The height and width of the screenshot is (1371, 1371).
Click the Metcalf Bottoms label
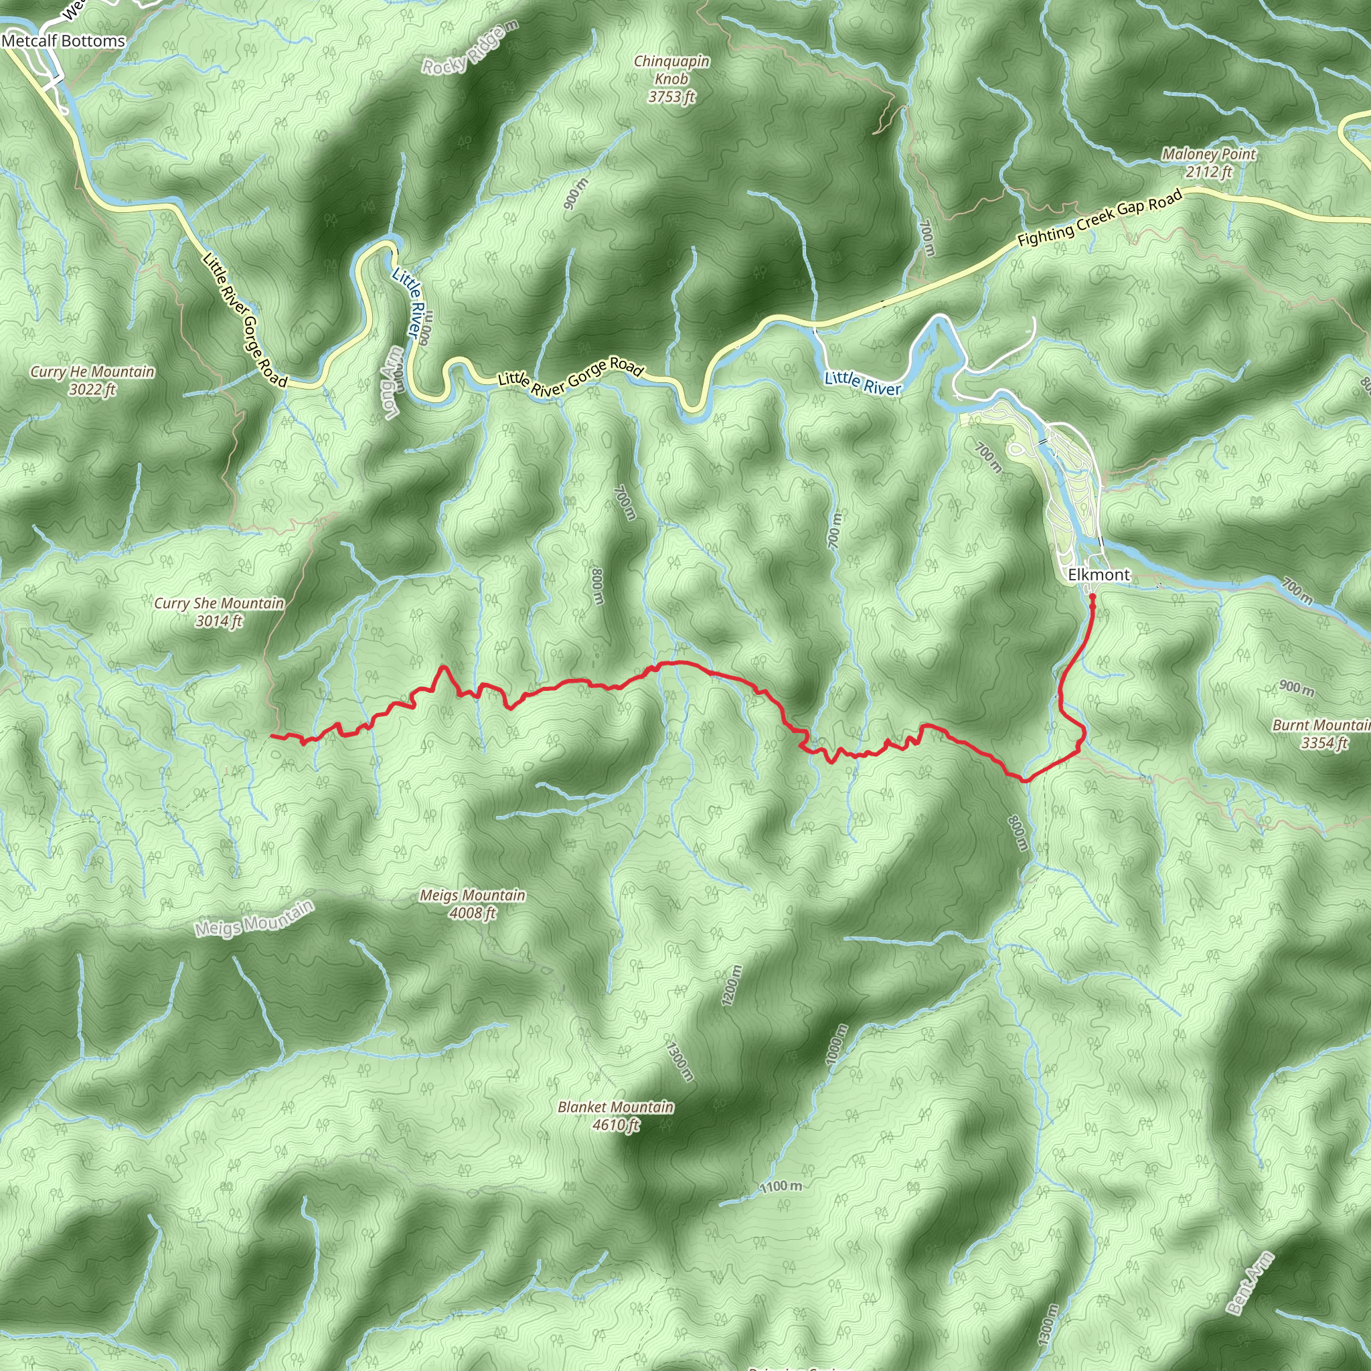tap(63, 41)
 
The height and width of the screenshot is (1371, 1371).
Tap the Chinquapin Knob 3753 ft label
tap(671, 79)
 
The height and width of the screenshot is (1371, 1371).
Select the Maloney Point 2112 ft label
tap(1208, 163)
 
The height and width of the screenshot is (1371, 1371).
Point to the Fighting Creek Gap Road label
tap(1100, 218)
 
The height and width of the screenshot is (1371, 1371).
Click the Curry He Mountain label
tap(92, 380)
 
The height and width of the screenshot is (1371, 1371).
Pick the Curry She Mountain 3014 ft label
tap(220, 612)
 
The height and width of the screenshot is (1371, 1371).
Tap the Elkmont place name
tap(1099, 575)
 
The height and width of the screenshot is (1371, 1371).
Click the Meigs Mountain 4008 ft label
tap(472, 903)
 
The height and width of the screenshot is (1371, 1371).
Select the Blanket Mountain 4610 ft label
tap(615, 1115)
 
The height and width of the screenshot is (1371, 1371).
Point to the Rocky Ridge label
tap(471, 47)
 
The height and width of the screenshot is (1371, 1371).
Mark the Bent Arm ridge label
tap(1250, 1283)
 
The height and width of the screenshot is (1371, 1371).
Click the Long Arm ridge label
tap(392, 382)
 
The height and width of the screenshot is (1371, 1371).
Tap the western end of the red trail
tap(272, 736)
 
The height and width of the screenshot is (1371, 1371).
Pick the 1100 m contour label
tap(781, 1186)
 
